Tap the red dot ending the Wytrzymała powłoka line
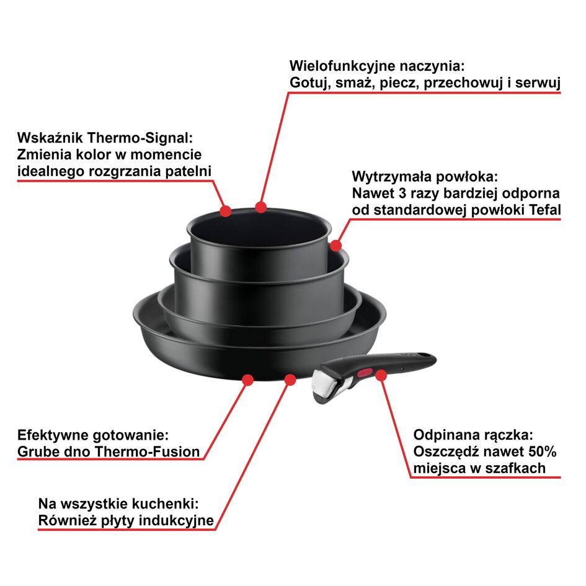tap(335, 246)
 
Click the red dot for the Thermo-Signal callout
tap(226, 211)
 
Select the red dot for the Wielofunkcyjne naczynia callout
tap(260, 206)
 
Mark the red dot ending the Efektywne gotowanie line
tap(247, 378)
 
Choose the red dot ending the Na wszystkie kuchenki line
tap(290, 378)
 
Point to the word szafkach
tap(517, 468)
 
